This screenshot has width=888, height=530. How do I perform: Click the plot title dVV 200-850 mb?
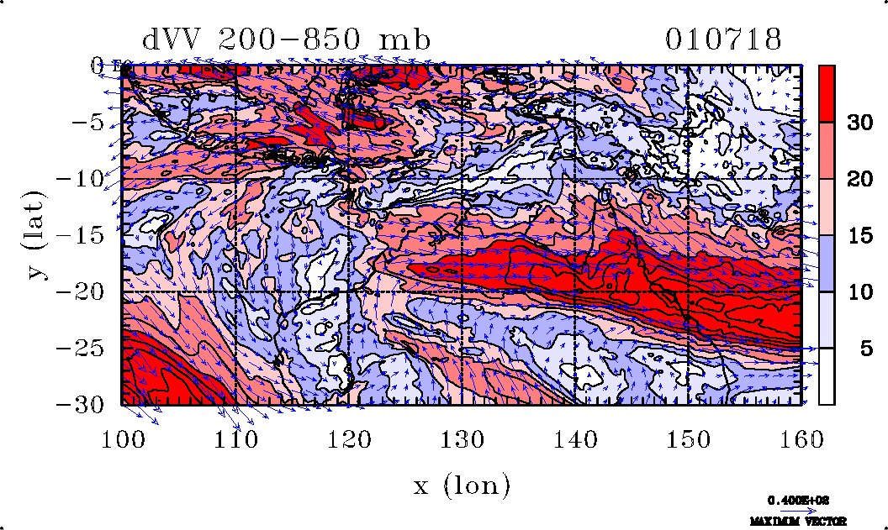coord(287,40)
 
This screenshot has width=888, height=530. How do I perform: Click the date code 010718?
coord(723,40)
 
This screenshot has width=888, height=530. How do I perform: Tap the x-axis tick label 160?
coord(802,438)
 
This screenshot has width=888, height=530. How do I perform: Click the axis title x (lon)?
coord(461,485)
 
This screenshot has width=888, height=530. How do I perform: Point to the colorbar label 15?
coord(858,235)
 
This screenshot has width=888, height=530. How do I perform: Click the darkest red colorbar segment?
coord(827,93)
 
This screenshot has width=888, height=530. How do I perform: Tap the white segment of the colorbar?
coord(827,376)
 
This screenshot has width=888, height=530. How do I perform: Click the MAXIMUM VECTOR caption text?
coord(798,522)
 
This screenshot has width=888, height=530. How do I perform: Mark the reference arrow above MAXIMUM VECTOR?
coord(793,510)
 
